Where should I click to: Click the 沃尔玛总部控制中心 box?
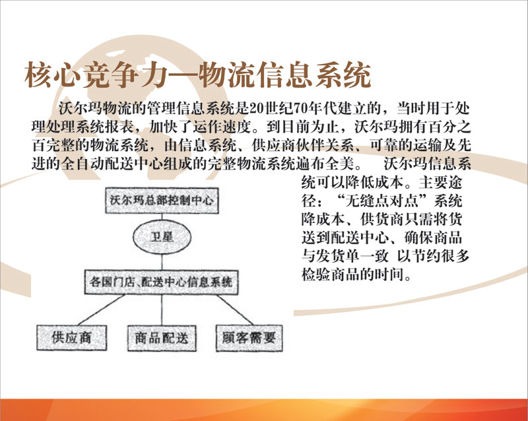coord(162,201)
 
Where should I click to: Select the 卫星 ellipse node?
coord(162,237)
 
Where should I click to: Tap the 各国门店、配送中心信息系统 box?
coord(161,282)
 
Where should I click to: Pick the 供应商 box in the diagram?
coord(72,338)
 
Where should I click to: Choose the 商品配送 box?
coord(162,338)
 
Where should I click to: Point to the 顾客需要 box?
coord(249,338)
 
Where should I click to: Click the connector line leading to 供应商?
coord(102,310)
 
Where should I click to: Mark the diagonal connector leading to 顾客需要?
coord(235,310)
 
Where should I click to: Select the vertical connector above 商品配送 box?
coord(162,310)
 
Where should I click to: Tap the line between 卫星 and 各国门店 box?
coord(162,262)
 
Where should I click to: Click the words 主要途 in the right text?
coord(441,183)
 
